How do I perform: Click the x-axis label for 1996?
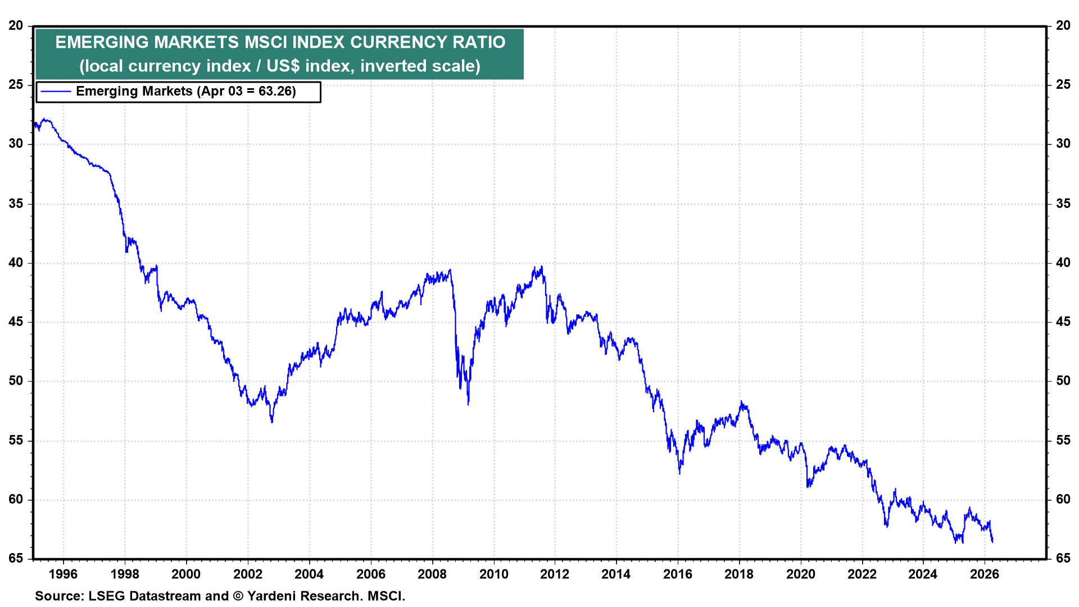pos(63,574)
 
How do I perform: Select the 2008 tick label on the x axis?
pos(432,574)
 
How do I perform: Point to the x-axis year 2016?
pos(677,574)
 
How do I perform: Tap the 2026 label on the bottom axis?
pos(985,574)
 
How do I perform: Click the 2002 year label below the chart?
pos(247,574)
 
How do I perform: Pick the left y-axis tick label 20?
pos(16,25)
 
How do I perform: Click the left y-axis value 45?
pos(16,321)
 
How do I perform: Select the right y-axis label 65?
pos(1063,558)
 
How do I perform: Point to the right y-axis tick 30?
pos(1063,143)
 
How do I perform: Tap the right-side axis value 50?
pos(1063,380)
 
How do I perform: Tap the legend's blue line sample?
pos(56,92)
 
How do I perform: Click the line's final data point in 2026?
pos(992,541)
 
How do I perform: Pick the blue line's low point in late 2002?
pos(272,422)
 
